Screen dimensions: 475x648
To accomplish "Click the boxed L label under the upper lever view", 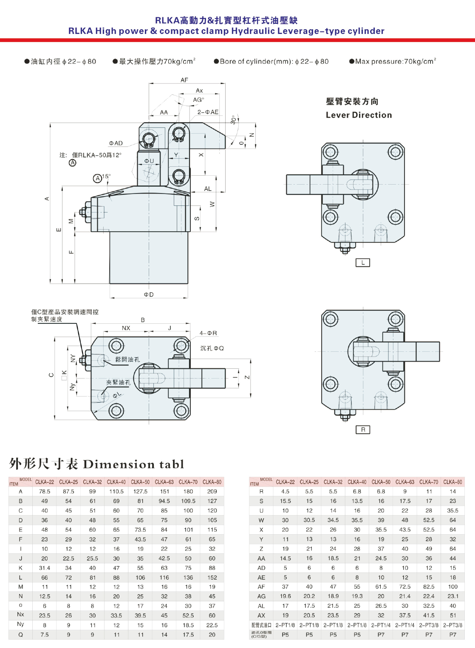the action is pos(362,263).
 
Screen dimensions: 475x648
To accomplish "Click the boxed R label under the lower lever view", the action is pos(362,429).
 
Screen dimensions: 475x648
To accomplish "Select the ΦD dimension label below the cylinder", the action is pos(149,295).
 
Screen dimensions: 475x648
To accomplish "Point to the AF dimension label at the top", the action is pos(184,80).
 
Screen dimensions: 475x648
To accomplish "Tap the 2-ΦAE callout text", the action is pos(208,112).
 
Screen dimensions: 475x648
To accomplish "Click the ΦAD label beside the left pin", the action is pos(116,143).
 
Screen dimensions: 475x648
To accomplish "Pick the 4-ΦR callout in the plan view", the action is pos(208,333).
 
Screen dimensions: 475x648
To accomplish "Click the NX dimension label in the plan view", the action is pos(126,328).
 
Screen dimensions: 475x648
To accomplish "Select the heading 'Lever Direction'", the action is pos(359,115).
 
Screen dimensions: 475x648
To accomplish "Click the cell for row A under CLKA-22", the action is pos(45,491).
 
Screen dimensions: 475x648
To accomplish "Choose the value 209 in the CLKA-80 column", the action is pos(212,491).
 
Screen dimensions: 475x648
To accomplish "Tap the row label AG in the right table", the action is pos(261,596).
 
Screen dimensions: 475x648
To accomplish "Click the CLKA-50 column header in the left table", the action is pos(140,482).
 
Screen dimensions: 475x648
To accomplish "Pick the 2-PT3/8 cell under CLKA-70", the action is pos(429,625).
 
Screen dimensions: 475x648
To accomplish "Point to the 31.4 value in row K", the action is pos(45,568).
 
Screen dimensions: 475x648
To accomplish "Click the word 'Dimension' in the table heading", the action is pos(119,464).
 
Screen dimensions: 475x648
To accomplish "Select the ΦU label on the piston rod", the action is pos(149,161).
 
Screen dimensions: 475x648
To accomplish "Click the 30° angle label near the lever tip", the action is pos(233,120).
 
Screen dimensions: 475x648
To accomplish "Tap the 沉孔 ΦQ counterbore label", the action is pos(212,348).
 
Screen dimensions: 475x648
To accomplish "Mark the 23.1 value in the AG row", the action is pos(453,596).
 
